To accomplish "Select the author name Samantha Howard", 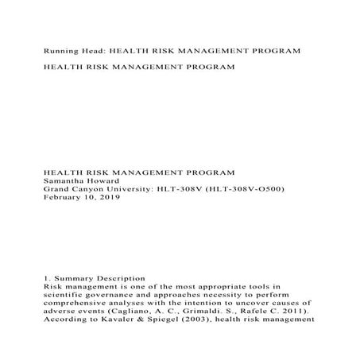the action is coord(79,180).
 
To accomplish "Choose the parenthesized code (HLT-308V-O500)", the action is coord(242,188).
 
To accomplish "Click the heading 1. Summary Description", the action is coord(95,279).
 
